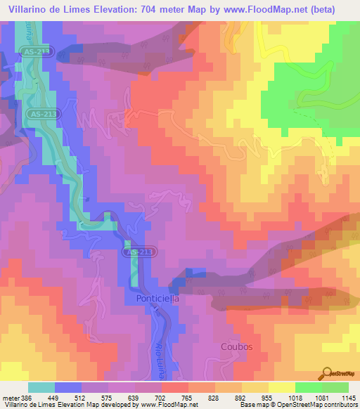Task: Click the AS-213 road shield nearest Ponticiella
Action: click(x=139, y=252)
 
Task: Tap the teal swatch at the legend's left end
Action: click(x=41, y=387)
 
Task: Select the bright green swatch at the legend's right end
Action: click(x=335, y=387)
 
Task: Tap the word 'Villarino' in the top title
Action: click(x=30, y=9)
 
